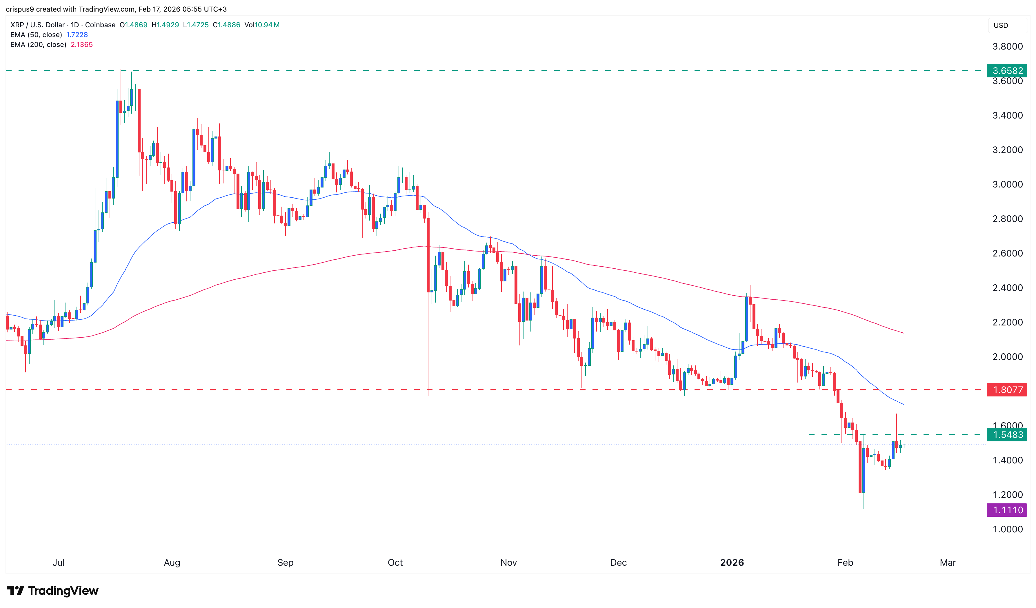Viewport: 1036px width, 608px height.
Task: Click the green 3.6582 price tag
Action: [1007, 71]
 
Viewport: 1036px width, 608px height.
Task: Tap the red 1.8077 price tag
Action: [1007, 390]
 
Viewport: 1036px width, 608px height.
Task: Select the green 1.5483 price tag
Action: [1007, 434]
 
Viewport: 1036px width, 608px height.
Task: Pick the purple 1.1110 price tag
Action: [1007, 510]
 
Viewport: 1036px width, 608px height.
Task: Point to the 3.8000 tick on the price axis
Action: [1007, 46]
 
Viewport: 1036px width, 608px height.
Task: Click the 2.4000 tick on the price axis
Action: [1007, 288]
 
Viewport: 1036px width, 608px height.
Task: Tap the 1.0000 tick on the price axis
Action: [1007, 529]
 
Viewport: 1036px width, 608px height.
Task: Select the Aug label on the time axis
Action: [172, 563]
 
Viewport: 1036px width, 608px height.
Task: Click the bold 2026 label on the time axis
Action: [732, 563]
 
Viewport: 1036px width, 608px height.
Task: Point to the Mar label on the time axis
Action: [948, 563]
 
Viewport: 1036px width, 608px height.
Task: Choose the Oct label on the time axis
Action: [395, 563]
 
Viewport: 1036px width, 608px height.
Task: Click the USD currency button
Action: [1001, 26]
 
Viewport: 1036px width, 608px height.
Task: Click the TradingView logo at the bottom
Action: [53, 591]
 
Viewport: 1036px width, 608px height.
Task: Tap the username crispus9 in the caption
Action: [20, 9]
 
